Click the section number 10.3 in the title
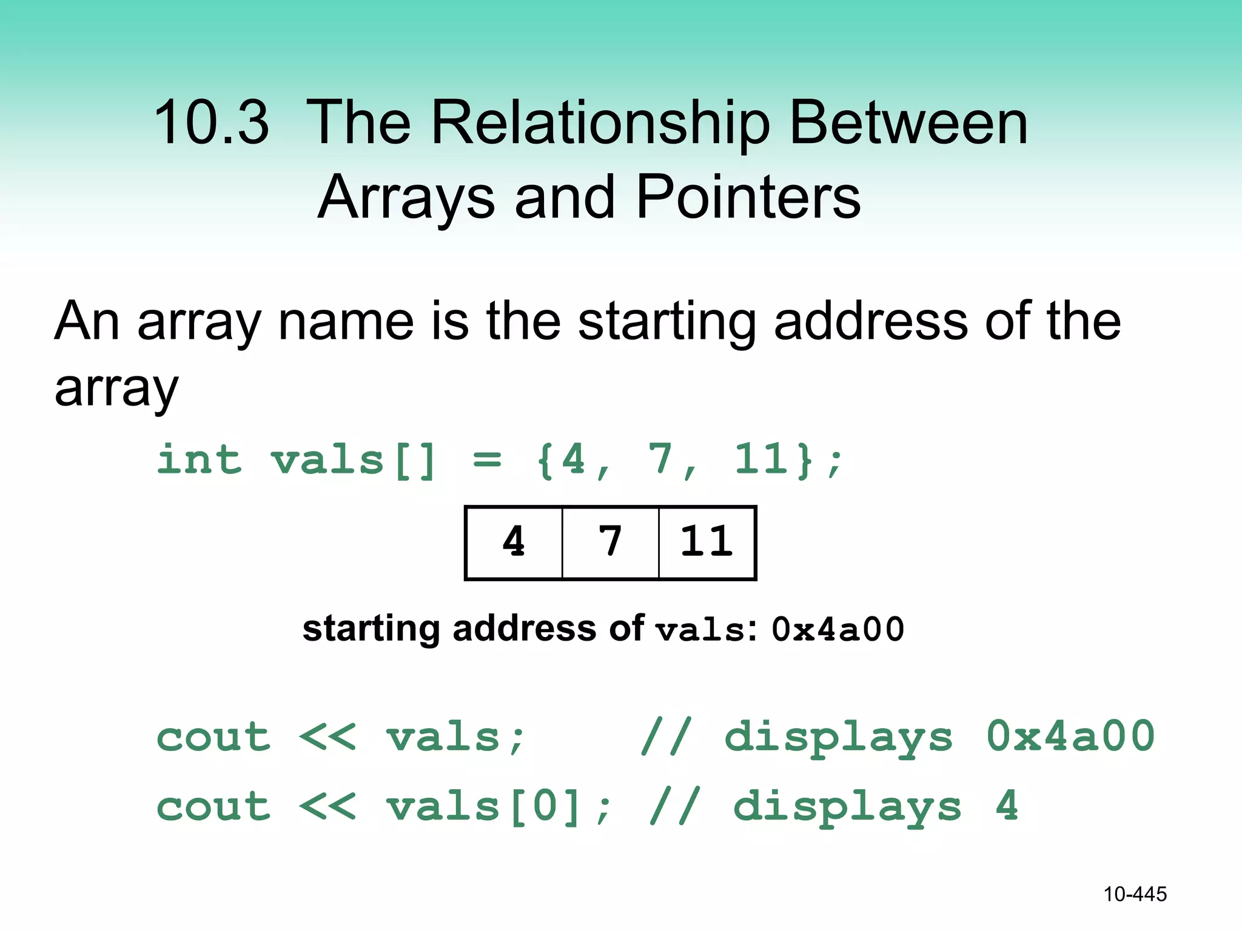click(210, 123)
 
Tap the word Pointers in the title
click(748, 198)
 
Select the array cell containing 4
click(514, 542)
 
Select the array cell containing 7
click(610, 542)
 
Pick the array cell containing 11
click(707, 542)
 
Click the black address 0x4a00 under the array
click(838, 629)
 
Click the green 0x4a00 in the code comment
click(1070, 737)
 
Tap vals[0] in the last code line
click(483, 807)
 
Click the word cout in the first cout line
click(213, 737)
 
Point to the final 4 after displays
click(1007, 807)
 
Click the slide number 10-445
click(1135, 894)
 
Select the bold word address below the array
click(524, 629)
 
